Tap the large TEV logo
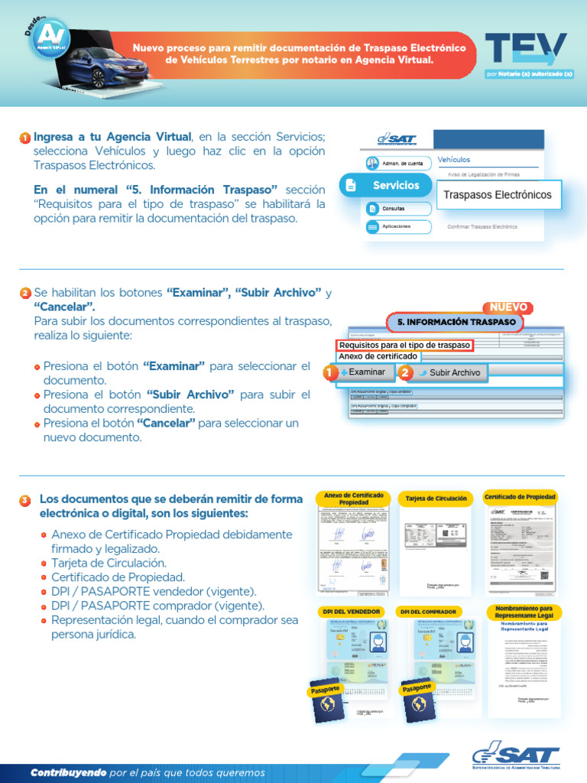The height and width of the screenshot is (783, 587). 526,49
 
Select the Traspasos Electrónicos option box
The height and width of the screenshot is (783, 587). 498,195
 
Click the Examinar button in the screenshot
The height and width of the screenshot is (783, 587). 362,372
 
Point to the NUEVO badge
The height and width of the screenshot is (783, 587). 508,307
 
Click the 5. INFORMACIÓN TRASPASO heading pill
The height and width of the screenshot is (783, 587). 456,323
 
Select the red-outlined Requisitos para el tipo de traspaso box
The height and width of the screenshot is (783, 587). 405,346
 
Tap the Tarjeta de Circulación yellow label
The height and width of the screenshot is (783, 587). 436,499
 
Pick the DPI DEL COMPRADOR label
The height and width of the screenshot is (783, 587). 428,612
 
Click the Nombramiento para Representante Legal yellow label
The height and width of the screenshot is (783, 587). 524,612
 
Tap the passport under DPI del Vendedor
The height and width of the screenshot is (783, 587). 329,700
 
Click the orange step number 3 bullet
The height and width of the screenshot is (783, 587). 25,500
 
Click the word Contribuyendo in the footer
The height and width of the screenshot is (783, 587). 68,772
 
